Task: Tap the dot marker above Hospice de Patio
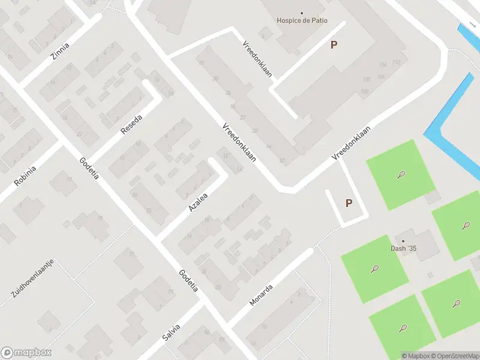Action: coord(302,13)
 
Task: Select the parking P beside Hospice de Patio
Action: coord(334,44)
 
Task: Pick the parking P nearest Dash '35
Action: coord(349,203)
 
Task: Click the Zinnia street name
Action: coord(60,52)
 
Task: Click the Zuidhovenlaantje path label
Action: coord(32,278)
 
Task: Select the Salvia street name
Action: coord(171,332)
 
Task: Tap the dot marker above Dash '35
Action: coord(403,241)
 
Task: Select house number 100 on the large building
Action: coord(364,91)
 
